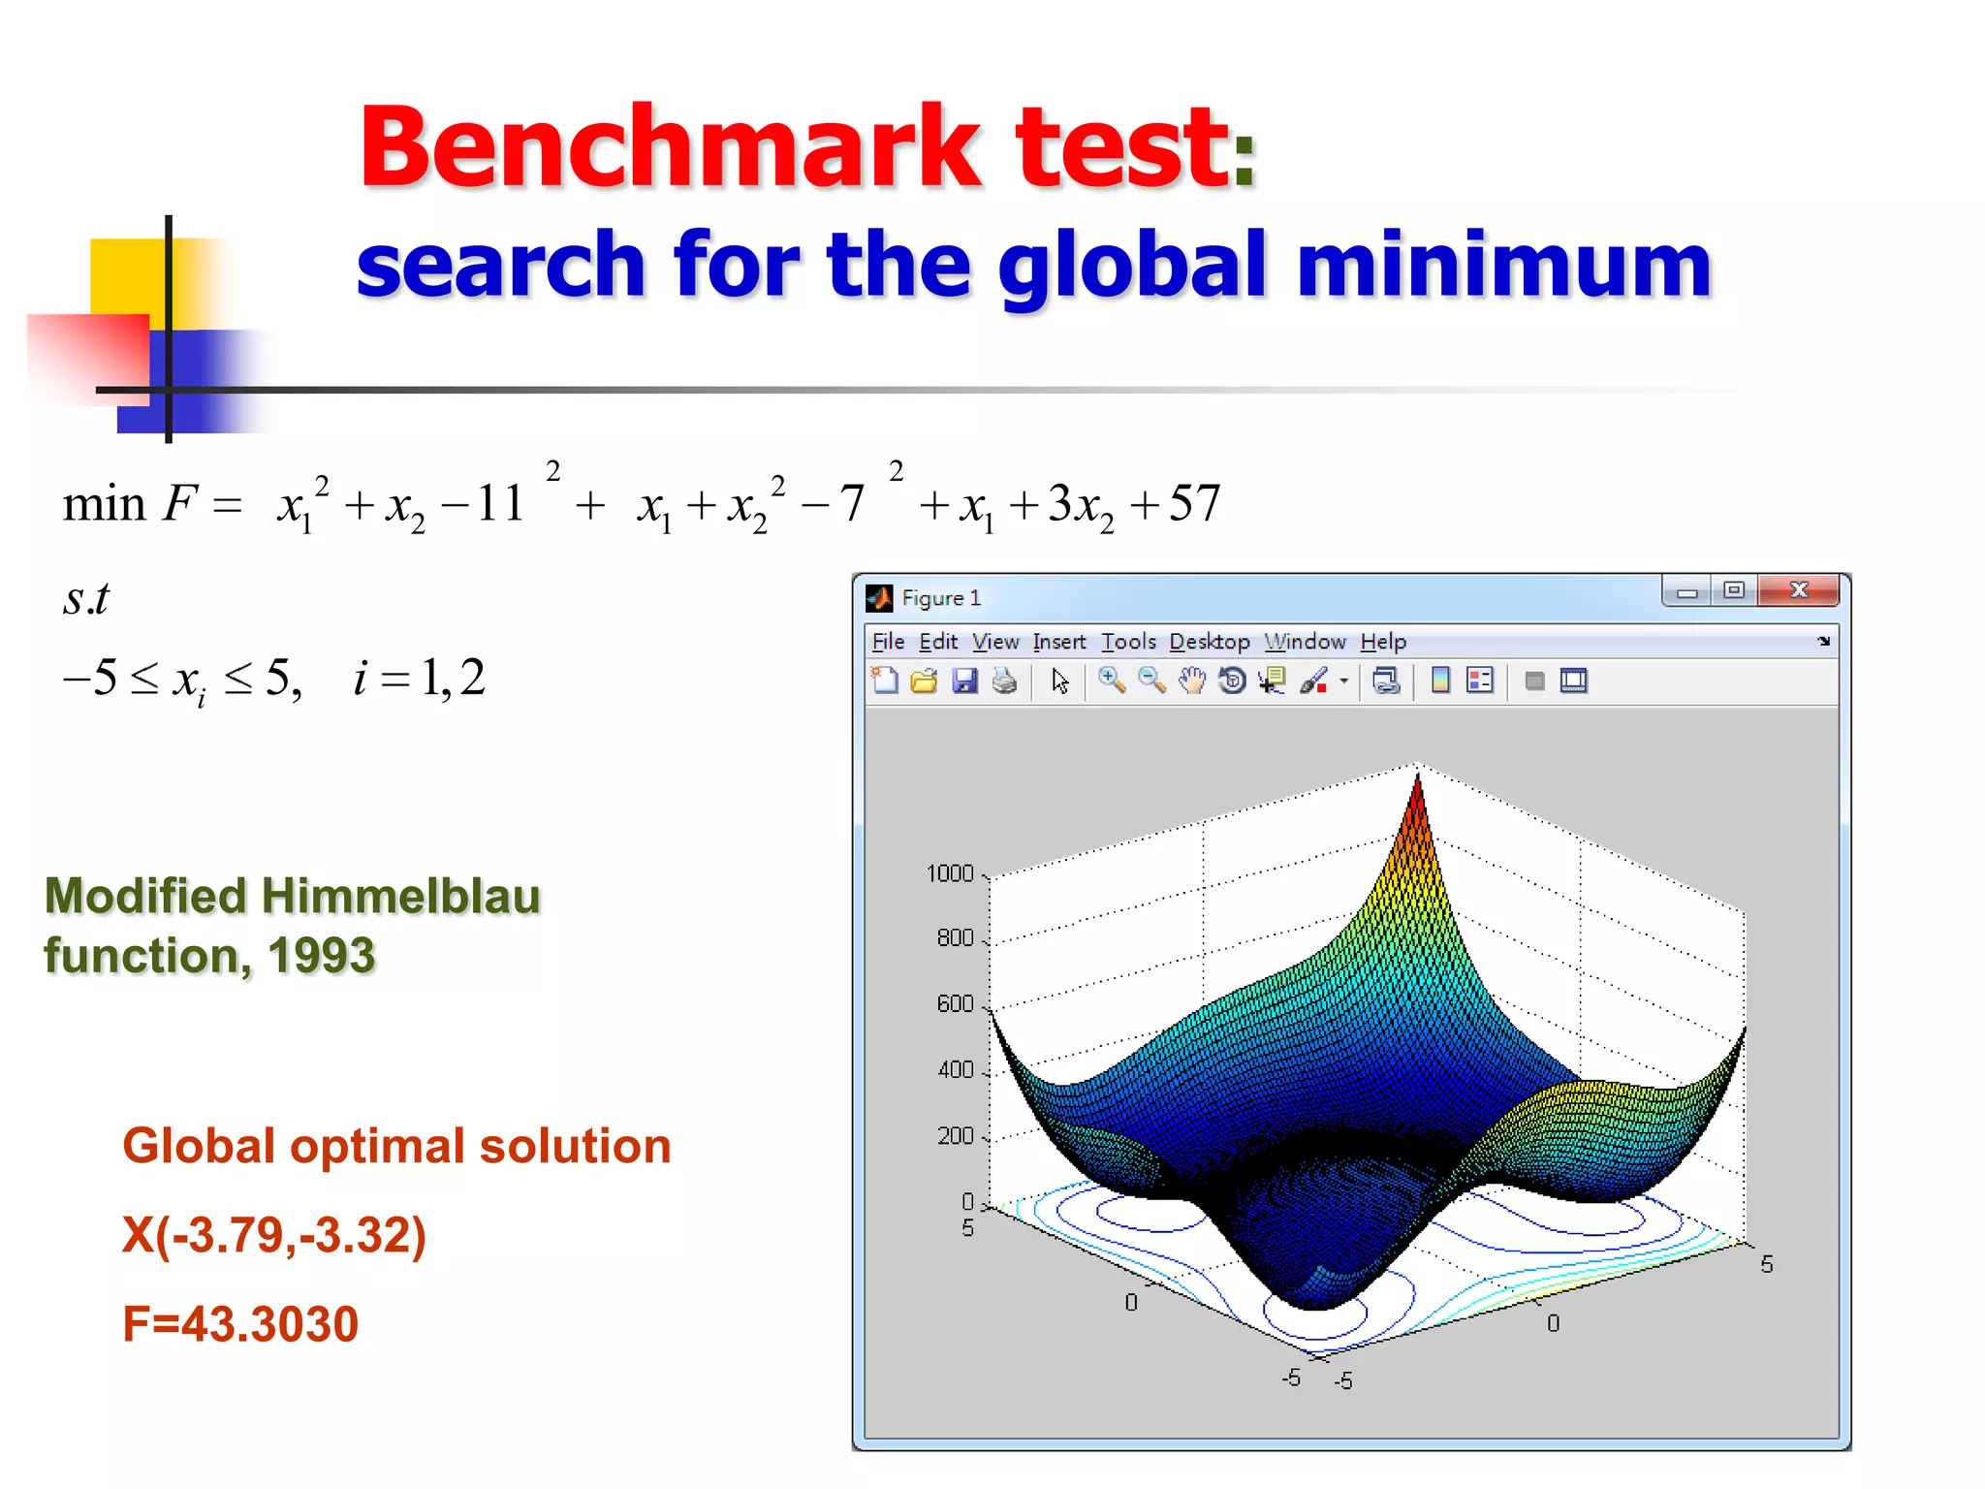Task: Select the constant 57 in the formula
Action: (1194, 504)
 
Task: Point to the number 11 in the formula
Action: (500, 504)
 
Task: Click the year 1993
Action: (321, 957)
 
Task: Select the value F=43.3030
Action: (240, 1324)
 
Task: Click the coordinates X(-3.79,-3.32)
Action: (274, 1236)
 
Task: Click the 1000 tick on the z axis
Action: (949, 874)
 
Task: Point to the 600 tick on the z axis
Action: (955, 1004)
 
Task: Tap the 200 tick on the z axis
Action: (955, 1136)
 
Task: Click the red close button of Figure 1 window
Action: (1799, 590)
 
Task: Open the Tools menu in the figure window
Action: (1128, 642)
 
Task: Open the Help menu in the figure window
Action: (1382, 642)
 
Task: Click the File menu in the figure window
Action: (888, 642)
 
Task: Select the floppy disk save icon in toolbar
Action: (964, 681)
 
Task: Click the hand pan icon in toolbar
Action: (1191, 681)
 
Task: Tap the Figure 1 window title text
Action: (940, 598)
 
